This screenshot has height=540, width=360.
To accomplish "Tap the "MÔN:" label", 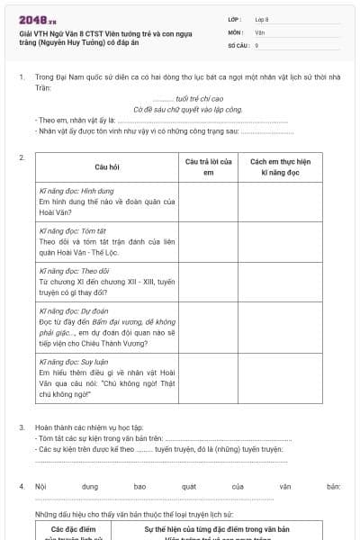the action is coord(236,31).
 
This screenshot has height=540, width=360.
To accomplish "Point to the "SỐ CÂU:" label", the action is coord(238,44).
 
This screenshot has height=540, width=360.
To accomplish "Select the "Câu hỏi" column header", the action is coord(107,167).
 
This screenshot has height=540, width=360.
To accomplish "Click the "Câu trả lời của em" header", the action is coord(208,166).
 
